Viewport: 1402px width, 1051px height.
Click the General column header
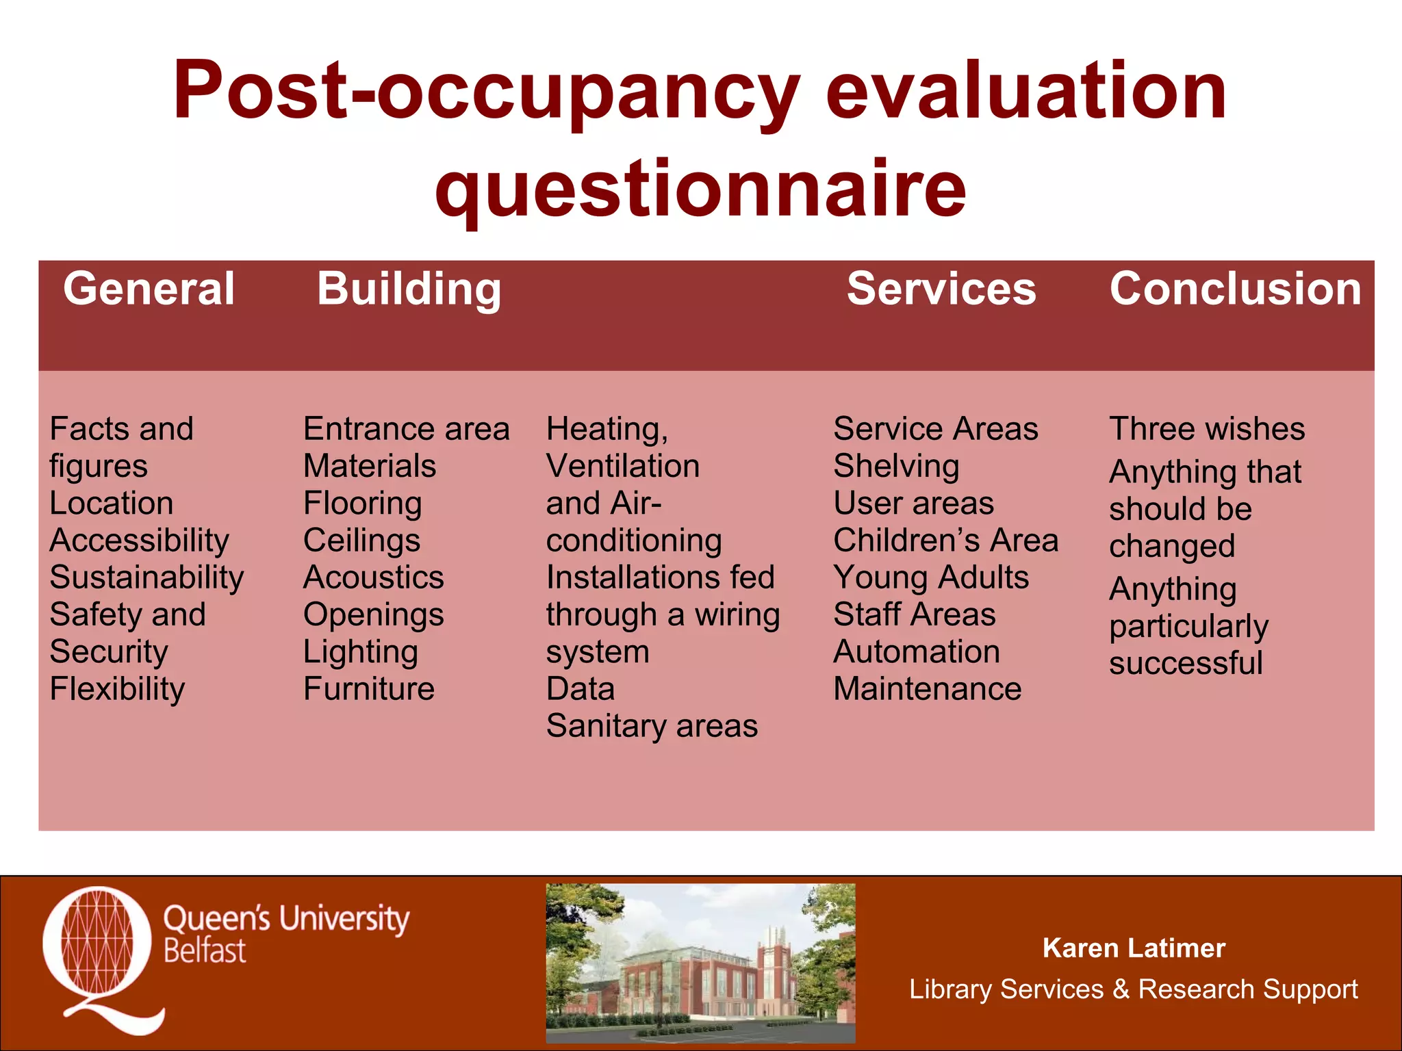pos(149,289)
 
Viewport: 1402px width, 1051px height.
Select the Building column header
pos(409,289)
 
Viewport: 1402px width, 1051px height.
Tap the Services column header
pos(941,289)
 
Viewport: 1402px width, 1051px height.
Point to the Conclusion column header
pos(1235,289)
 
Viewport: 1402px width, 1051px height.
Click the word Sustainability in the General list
pos(146,578)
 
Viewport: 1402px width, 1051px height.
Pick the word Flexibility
pos(117,689)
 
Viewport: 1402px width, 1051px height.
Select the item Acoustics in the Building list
pos(373,578)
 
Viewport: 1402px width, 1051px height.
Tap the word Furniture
pos(368,689)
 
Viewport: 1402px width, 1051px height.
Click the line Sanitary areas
pos(651,726)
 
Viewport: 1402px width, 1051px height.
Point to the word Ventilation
pos(622,467)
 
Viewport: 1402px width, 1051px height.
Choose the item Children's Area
pos(945,541)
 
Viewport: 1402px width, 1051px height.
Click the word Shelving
pos(896,467)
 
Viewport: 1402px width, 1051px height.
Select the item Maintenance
pos(927,689)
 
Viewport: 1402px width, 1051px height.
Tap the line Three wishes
pos(1206,430)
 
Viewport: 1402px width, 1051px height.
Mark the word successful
pos(1185,664)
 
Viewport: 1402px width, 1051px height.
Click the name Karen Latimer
pos(1133,948)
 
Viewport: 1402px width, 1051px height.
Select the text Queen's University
pos(286,918)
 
